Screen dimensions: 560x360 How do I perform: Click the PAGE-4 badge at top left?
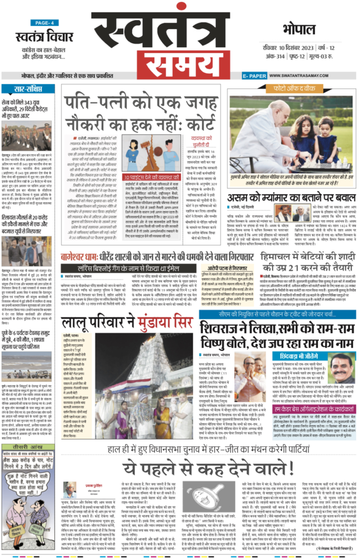point(44,23)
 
